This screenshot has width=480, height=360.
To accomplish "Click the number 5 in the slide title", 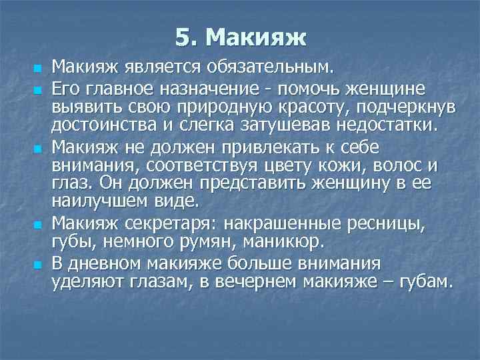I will (183, 37).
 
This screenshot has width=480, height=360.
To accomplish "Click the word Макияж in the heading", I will (257, 37).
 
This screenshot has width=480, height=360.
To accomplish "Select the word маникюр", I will (291, 240).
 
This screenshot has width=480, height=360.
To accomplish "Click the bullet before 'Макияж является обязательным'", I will (39, 68).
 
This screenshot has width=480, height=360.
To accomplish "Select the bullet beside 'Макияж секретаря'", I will (39, 224).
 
